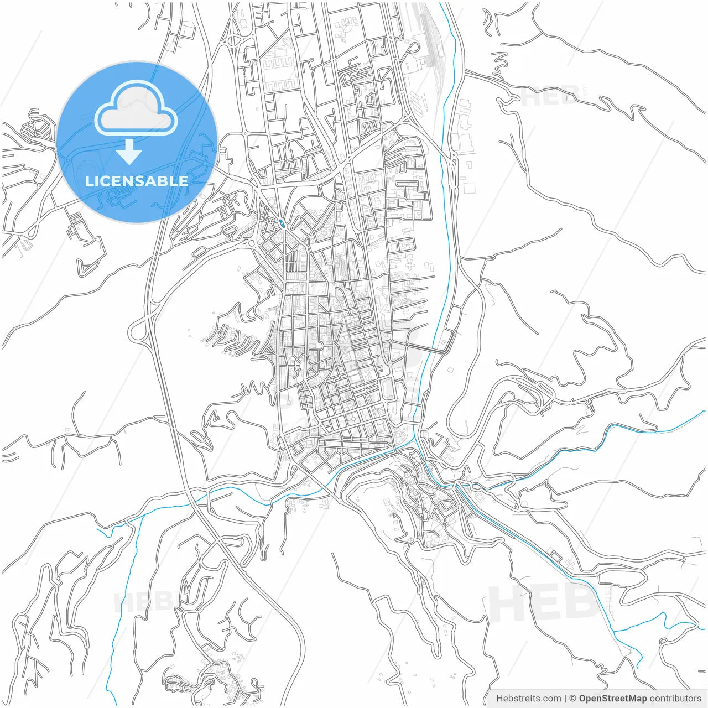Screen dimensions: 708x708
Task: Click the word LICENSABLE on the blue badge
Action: (137, 181)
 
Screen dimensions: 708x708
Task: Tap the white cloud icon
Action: (136, 108)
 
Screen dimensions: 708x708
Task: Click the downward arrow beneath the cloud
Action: (129, 152)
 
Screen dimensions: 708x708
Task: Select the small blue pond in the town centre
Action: (283, 223)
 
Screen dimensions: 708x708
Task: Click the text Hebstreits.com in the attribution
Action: (528, 699)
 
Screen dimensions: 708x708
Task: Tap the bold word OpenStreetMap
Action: (612, 699)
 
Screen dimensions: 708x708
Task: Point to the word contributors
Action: (675, 699)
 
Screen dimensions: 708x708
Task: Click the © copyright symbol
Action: (573, 699)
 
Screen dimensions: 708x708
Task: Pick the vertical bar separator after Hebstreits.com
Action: (565, 699)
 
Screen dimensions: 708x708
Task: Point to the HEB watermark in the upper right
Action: (550, 97)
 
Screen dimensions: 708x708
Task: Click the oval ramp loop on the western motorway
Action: (138, 331)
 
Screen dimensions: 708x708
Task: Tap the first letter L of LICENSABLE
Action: (88, 181)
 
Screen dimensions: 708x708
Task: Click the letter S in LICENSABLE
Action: (146, 181)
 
